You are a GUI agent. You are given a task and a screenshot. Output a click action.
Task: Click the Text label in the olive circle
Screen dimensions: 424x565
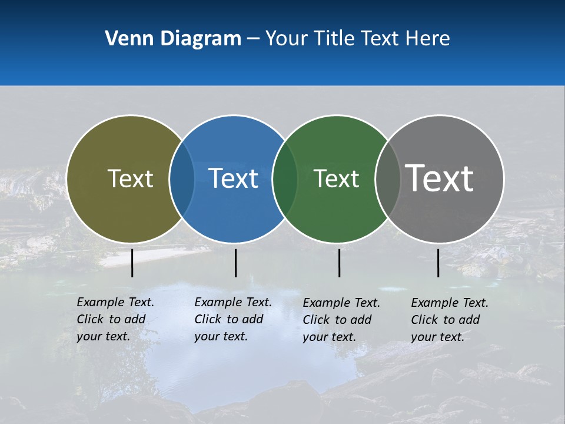pos(130,178)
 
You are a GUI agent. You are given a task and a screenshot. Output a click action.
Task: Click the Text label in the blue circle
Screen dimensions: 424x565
pos(234,178)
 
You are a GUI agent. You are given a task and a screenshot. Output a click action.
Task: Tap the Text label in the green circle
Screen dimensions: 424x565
pos(337,178)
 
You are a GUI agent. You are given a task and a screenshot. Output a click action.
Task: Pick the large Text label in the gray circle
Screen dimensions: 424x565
pos(440,178)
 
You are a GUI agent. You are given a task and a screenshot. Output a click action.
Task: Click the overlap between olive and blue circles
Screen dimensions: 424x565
pos(182,179)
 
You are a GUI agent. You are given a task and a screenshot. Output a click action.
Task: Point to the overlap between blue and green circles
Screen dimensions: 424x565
pos(285,179)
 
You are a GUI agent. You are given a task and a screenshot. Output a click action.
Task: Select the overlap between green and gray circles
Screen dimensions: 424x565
pos(387,179)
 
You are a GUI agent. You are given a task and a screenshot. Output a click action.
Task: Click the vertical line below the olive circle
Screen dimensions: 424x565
pos(132,263)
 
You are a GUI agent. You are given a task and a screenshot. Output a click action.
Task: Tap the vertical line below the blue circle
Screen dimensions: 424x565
pos(235,263)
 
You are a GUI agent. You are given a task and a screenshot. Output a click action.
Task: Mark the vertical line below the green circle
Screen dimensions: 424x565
pos(339,263)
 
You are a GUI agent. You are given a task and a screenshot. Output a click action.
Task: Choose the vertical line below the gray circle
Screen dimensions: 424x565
pos(438,263)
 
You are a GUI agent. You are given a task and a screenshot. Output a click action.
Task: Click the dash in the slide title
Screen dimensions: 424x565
pos(253,39)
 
